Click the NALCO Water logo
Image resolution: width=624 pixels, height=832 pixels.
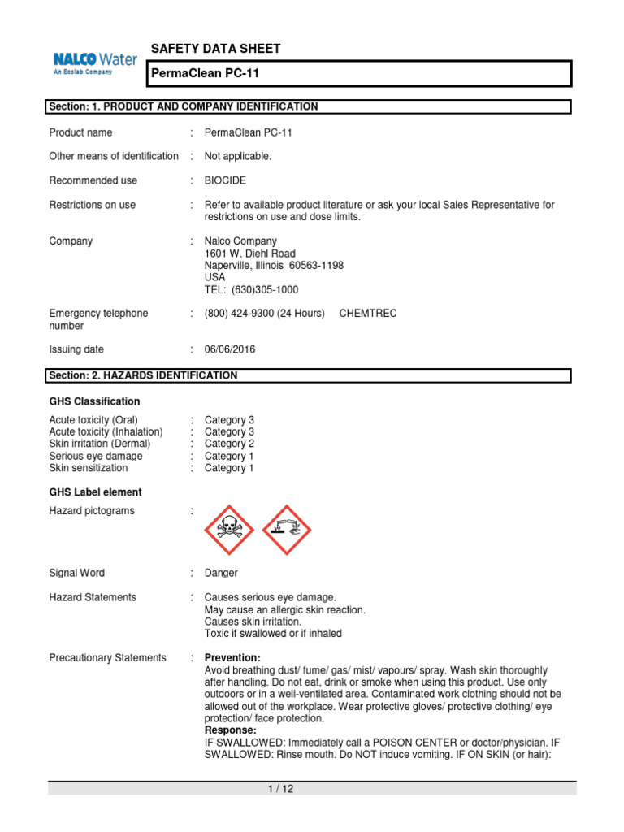tap(94, 63)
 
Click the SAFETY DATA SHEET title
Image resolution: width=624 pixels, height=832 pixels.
tap(216, 49)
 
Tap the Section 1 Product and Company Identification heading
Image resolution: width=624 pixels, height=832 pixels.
tap(184, 106)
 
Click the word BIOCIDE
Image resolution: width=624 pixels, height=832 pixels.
tap(228, 180)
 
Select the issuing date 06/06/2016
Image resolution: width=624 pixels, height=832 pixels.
tap(232, 349)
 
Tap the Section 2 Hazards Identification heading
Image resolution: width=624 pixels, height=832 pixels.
tap(143, 375)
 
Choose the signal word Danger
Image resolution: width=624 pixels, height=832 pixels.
tap(221, 573)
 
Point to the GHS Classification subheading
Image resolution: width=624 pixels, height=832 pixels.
tap(94, 401)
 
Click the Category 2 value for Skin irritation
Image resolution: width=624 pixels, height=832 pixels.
tap(229, 444)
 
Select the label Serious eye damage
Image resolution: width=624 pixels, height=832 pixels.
tap(96, 456)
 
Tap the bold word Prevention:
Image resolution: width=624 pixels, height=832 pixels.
tap(232, 657)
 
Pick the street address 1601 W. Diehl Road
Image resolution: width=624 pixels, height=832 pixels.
tap(250, 253)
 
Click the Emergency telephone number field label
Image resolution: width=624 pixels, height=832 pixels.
tap(98, 319)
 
